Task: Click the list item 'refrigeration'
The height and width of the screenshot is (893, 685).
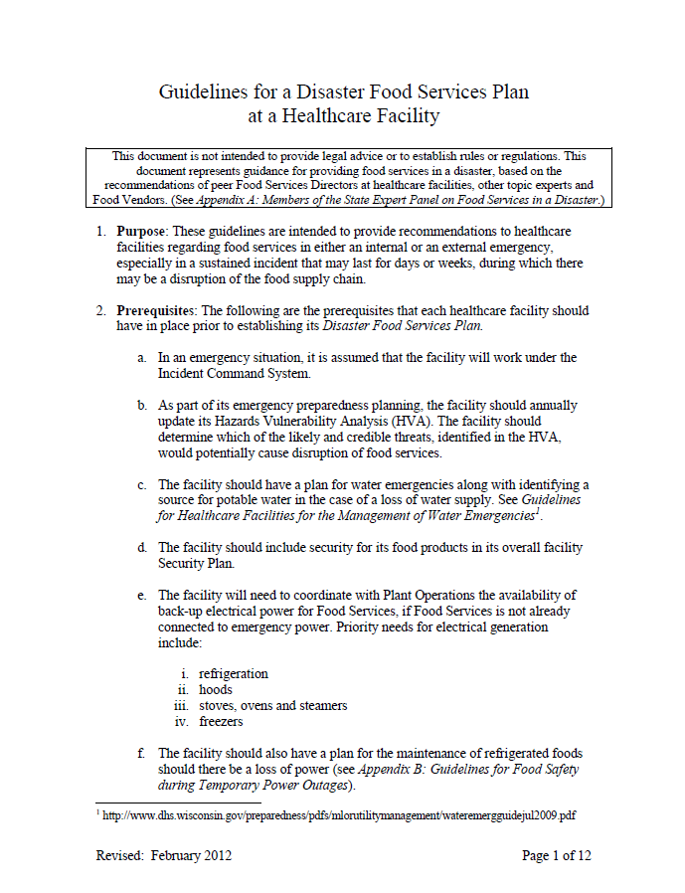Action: tap(234, 673)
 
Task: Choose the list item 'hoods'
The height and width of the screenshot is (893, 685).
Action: tap(216, 689)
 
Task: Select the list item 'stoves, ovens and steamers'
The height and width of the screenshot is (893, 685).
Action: tap(273, 705)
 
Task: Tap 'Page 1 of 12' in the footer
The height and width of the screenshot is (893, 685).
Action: tap(556, 855)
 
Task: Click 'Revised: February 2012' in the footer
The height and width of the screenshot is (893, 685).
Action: tap(164, 855)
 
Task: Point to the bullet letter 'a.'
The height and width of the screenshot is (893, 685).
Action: tap(144, 357)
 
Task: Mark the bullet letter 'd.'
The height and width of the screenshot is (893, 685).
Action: tap(144, 547)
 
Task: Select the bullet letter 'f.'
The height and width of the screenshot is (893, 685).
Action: tap(144, 753)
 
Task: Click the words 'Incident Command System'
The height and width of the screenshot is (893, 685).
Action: tap(234, 373)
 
